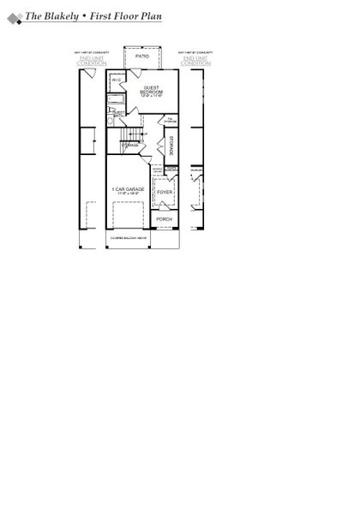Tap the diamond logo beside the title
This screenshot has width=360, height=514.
tap(13, 17)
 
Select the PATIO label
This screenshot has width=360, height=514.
tap(142, 57)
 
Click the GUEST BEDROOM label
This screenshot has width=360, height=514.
tap(153, 90)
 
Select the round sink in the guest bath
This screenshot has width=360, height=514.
tap(111, 122)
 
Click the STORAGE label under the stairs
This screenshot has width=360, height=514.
tap(130, 146)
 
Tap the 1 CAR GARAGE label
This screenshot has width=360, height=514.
tap(127, 188)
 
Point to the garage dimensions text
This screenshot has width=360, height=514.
tap(127, 194)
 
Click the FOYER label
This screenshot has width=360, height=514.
tap(165, 193)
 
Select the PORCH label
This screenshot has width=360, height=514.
tap(164, 219)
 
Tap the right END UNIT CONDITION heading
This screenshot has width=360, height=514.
tap(195, 61)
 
